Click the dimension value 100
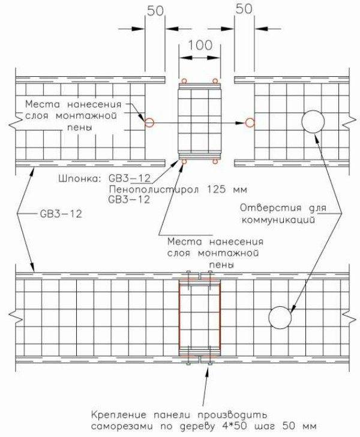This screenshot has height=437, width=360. point(200,45)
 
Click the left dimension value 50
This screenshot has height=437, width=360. point(155,11)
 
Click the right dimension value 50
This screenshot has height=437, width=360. point(244,9)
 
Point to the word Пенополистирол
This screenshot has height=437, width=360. point(155,190)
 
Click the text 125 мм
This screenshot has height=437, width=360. point(227,190)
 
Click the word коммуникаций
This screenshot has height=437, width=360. point(278,220)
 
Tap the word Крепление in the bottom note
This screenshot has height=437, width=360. point(119,415)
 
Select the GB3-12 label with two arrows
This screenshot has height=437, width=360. point(61,214)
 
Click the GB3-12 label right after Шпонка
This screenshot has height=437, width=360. point(129,178)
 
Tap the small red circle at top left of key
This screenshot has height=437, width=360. point(184,81)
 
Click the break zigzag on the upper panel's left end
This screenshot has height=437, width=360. point(16,122)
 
